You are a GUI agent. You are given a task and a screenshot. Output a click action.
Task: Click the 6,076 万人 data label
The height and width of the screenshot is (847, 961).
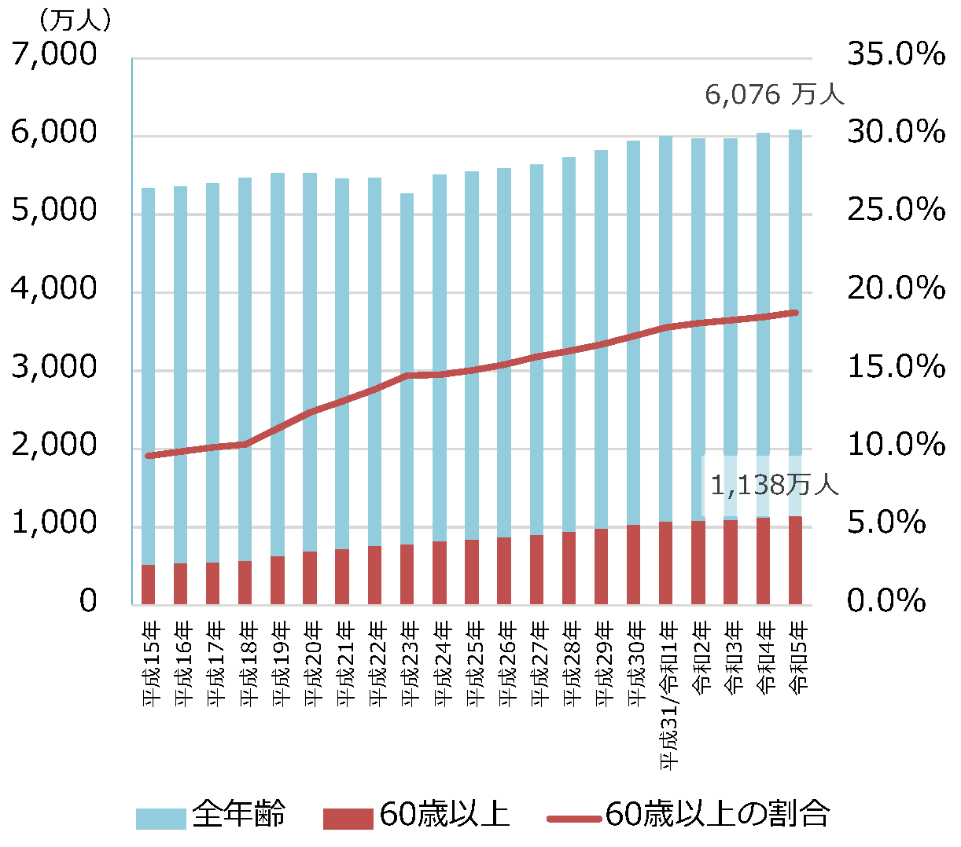(x=774, y=94)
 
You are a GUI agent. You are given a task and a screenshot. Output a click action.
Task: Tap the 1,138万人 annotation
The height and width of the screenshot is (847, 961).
(x=774, y=485)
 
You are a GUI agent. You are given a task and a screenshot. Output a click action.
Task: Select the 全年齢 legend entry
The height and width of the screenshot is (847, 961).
(x=238, y=814)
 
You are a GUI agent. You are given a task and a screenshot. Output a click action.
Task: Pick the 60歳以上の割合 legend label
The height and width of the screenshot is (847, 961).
(x=717, y=814)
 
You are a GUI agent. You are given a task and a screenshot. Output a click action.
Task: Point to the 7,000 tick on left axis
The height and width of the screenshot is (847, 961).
(x=54, y=54)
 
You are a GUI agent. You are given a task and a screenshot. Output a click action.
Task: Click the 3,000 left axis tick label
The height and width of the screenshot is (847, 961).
(x=54, y=367)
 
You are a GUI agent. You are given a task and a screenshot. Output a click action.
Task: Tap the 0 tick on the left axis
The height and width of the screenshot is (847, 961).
(x=88, y=601)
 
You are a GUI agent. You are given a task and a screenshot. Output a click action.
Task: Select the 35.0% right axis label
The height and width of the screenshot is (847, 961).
(x=895, y=54)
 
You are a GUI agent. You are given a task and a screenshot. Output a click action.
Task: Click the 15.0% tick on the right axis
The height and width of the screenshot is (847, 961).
(x=895, y=367)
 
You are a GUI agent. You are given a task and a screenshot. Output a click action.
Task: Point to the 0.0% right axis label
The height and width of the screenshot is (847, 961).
(x=886, y=601)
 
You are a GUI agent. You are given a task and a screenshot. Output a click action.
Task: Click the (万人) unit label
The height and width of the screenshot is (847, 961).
(x=74, y=20)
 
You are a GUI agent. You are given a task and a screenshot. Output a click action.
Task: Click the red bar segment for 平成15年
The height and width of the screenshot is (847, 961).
(x=148, y=585)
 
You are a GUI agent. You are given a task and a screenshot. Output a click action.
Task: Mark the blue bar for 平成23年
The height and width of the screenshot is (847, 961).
(x=407, y=369)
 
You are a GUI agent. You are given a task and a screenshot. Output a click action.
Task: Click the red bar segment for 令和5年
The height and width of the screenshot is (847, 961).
(x=795, y=560)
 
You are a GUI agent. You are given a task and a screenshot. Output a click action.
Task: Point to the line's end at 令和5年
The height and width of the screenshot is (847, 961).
(x=795, y=313)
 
